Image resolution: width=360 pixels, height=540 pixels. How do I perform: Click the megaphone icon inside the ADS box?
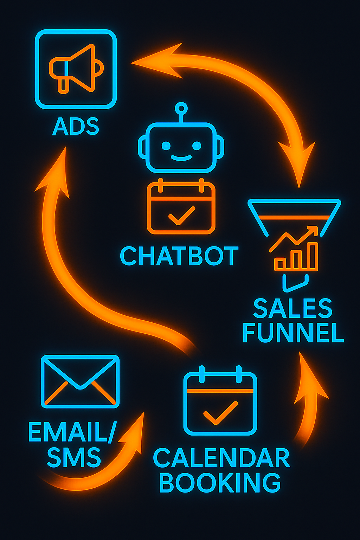[x=76, y=69]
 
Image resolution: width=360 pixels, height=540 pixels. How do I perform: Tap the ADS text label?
[x=76, y=126]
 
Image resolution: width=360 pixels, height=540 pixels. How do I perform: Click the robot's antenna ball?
[x=181, y=108]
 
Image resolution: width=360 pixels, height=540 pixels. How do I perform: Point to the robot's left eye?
[x=166, y=146]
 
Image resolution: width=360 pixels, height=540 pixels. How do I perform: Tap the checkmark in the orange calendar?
[x=181, y=216]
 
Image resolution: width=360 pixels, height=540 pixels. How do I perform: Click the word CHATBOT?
[x=179, y=256]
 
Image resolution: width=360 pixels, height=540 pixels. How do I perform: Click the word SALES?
[x=292, y=308]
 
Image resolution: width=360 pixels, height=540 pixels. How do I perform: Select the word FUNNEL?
[x=293, y=333]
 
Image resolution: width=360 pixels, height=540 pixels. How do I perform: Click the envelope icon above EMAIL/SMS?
[x=80, y=381]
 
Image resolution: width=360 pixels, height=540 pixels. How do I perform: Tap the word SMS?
[x=74, y=457]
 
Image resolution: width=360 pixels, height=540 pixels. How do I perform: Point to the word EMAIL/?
[x=72, y=432]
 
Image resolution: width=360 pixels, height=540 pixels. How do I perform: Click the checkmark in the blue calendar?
[x=220, y=413]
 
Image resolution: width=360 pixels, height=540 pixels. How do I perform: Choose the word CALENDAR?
[x=221, y=458]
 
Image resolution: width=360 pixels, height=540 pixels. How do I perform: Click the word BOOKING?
[x=220, y=483]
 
